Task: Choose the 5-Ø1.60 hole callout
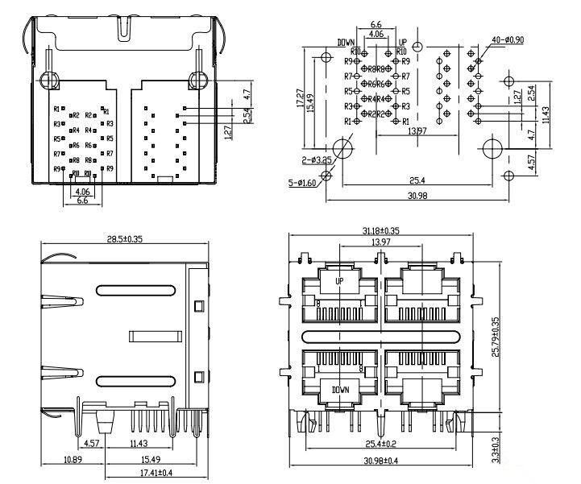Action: point(305,184)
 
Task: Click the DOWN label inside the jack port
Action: point(339,391)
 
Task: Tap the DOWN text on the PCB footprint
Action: point(347,41)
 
